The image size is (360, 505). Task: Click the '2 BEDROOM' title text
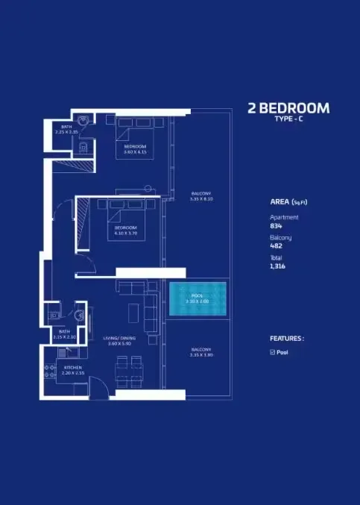pyautogui.click(x=288, y=108)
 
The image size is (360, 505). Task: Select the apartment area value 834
pyautogui.click(x=276, y=225)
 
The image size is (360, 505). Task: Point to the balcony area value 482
pyautogui.click(x=276, y=245)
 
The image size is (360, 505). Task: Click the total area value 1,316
pyautogui.click(x=277, y=266)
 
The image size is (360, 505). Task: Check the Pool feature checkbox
pyautogui.click(x=272, y=352)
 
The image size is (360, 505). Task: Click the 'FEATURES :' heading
pyautogui.click(x=286, y=338)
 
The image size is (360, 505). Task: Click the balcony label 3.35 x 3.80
pyautogui.click(x=201, y=352)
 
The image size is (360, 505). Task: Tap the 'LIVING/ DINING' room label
pyautogui.click(x=119, y=341)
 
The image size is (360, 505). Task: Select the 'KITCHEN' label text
pyautogui.click(x=72, y=368)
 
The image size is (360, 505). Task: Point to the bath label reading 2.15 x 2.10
pyautogui.click(x=65, y=333)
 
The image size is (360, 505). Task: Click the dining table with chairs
pyautogui.click(x=129, y=370)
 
